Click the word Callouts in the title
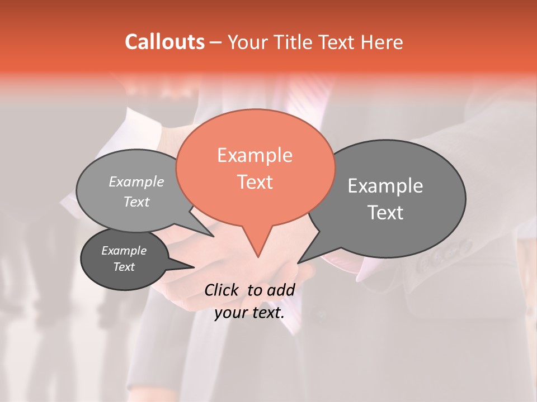coord(164,42)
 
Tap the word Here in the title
coord(383,42)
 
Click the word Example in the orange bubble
coord(255,155)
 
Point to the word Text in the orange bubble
coord(255,182)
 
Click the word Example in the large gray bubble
coord(385,186)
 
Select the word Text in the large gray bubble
coord(385,213)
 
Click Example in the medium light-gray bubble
coord(136,181)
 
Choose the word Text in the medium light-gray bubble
coord(136,202)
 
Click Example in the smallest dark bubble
coord(124,251)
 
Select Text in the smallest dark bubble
coord(124,267)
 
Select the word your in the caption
coord(230,313)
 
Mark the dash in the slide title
coord(216,42)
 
